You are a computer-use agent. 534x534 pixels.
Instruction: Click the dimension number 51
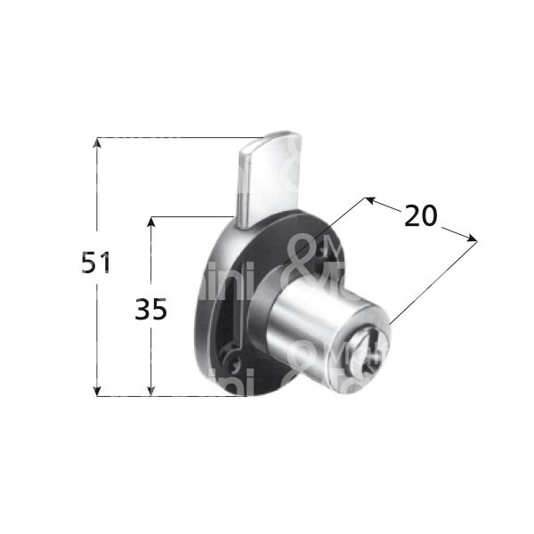(x=95, y=263)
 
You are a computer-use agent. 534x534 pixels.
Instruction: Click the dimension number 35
(x=151, y=309)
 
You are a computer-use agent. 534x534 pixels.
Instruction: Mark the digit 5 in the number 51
(x=88, y=263)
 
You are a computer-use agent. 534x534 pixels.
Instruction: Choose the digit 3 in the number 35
(x=143, y=309)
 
